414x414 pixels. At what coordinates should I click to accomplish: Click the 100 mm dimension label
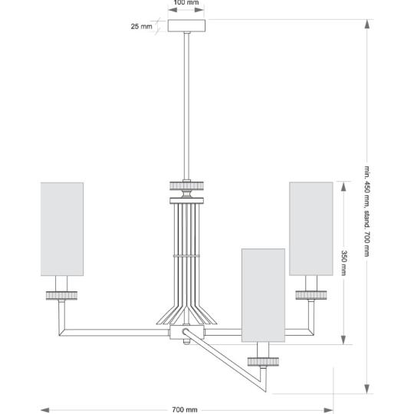(x=186, y=2)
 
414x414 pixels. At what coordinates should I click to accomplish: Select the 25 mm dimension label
(x=142, y=26)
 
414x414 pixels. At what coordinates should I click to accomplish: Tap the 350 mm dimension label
(x=343, y=263)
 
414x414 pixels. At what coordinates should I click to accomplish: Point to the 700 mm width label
(x=185, y=409)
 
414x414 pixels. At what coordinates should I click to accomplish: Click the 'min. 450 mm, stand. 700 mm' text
(x=367, y=212)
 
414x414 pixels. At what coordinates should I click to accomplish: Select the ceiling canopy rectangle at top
(x=186, y=25)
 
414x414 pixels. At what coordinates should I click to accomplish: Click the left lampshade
(x=62, y=229)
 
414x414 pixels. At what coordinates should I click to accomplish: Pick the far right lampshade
(x=311, y=228)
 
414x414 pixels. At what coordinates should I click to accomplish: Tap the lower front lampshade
(x=263, y=295)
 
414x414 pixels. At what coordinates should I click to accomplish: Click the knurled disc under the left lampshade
(x=61, y=295)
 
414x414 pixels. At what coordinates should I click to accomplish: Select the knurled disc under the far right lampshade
(x=311, y=295)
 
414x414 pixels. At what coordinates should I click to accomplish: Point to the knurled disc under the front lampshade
(x=263, y=362)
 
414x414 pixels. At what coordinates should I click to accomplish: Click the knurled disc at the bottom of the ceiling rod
(x=186, y=186)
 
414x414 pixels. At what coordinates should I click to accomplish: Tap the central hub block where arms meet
(x=186, y=332)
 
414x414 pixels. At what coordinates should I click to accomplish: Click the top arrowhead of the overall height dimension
(x=367, y=24)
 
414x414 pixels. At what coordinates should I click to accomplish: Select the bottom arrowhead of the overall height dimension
(x=367, y=389)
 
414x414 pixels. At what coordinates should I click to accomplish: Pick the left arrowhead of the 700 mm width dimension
(x=45, y=410)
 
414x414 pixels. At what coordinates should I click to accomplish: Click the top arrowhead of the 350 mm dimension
(x=343, y=186)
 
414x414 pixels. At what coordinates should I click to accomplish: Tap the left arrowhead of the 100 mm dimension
(x=172, y=10)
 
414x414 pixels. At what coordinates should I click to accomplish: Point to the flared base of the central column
(x=186, y=315)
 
